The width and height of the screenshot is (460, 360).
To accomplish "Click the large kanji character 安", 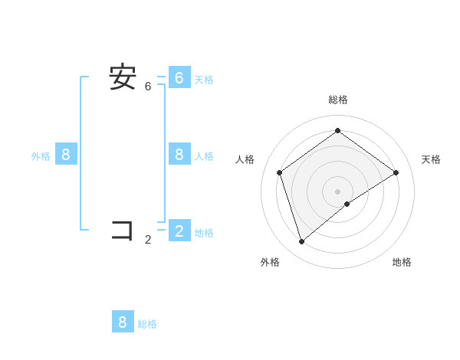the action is click(x=123, y=77).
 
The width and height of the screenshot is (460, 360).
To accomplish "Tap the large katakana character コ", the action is click(x=123, y=230).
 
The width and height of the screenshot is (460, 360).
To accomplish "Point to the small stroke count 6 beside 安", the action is click(x=148, y=87).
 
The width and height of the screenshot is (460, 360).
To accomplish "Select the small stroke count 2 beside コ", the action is click(x=148, y=240).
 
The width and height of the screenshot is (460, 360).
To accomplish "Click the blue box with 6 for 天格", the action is click(x=179, y=77).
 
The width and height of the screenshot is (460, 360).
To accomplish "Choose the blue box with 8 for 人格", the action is click(x=179, y=155).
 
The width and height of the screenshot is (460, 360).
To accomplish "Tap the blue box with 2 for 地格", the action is click(x=179, y=231).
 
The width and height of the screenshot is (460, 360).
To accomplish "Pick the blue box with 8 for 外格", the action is click(x=66, y=155).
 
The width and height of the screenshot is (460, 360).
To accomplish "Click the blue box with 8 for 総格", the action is click(x=123, y=322).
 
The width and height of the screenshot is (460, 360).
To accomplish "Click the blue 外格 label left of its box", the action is click(x=41, y=156).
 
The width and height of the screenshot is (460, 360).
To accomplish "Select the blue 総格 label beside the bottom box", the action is click(x=147, y=324).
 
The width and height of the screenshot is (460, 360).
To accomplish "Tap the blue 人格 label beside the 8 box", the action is click(x=204, y=156).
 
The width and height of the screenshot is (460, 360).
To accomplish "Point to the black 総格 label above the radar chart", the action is click(x=338, y=100).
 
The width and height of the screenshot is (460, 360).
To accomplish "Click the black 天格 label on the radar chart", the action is click(x=431, y=159).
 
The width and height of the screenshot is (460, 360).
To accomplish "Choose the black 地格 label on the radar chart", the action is click(x=402, y=262).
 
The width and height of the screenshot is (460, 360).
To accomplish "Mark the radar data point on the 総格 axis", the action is click(x=337, y=130).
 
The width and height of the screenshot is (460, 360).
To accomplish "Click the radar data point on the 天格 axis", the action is click(x=396, y=172).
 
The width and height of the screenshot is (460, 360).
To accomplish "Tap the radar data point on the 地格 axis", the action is click(x=347, y=204).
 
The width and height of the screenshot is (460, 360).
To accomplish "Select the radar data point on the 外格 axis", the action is click(x=301, y=242).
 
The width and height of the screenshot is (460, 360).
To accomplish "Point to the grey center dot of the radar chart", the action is click(x=337, y=191).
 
